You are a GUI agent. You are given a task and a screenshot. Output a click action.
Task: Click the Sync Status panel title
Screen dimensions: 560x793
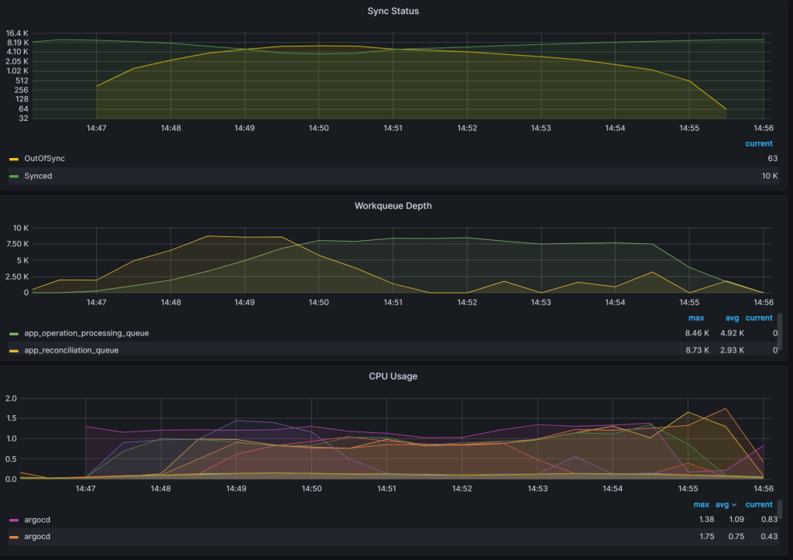(393, 11)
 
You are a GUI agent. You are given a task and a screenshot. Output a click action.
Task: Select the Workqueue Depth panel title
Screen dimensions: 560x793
(393, 206)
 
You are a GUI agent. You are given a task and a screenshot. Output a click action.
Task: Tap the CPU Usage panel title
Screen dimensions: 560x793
(393, 376)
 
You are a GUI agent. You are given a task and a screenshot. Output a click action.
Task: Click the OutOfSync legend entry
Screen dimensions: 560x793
(45, 159)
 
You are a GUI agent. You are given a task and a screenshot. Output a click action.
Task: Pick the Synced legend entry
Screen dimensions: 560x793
(38, 177)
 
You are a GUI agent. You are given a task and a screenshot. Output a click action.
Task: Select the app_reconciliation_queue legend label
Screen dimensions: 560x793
(71, 350)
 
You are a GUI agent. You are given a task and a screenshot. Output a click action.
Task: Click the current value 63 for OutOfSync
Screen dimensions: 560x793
(772, 159)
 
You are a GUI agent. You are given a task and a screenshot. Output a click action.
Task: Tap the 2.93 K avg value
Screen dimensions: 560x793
(733, 350)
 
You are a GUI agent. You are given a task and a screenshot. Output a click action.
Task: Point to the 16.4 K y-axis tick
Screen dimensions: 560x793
(17, 33)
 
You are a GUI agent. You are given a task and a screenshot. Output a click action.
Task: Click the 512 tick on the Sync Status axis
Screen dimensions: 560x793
(22, 81)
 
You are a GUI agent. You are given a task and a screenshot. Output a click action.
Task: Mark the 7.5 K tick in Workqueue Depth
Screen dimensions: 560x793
(18, 244)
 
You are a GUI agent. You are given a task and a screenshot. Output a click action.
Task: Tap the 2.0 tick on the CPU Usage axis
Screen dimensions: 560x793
(11, 398)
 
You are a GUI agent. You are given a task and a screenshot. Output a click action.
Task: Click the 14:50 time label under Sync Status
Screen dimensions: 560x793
(318, 128)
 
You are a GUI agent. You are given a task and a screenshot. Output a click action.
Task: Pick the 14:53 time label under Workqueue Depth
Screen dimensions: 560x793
(541, 303)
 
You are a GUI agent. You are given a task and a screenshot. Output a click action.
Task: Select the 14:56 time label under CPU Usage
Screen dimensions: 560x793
(764, 489)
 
